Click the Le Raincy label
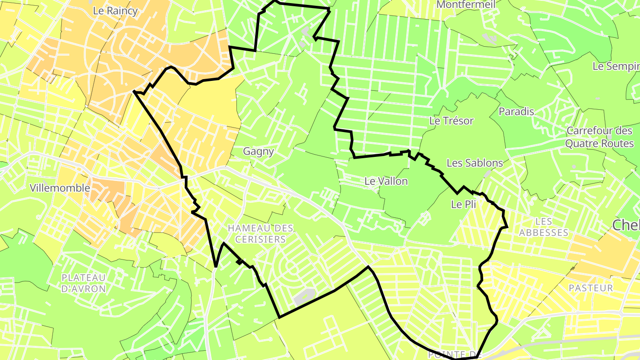coord(115,11)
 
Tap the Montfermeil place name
coord(465,4)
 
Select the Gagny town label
coord(258,152)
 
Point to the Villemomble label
coord(60,188)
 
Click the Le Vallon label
coord(386,181)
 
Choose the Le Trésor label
coord(451,121)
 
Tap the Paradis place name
coord(516,112)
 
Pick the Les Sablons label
coord(475,163)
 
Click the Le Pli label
coord(464,205)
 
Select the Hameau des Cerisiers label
coord(260,234)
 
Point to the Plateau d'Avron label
coord(84,283)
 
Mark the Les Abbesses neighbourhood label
coord(544,227)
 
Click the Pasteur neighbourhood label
coord(591,288)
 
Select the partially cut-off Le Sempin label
coord(616,67)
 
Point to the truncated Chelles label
coord(626,225)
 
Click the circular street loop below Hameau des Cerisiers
coord(291,268)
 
